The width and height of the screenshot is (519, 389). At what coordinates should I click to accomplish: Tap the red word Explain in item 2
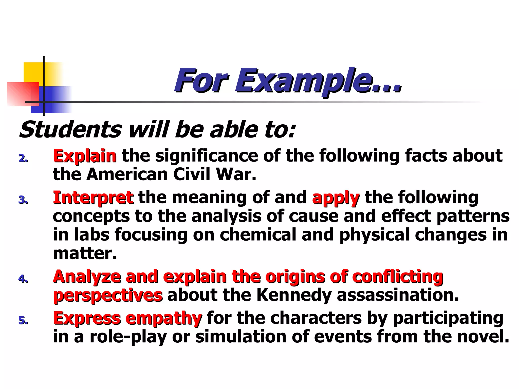(85, 156)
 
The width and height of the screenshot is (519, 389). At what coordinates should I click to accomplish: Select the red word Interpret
(93, 198)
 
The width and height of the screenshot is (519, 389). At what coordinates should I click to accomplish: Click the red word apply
(336, 198)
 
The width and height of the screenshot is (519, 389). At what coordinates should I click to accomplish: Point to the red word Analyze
(87, 277)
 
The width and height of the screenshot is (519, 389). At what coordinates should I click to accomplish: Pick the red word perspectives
(108, 296)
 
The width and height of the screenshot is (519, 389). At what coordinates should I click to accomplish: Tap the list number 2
(23, 159)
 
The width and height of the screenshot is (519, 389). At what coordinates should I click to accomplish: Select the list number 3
(23, 200)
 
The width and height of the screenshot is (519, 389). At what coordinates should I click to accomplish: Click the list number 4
(23, 279)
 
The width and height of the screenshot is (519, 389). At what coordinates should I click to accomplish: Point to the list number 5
(23, 321)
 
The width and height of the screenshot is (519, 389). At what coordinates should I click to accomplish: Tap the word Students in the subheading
(71, 130)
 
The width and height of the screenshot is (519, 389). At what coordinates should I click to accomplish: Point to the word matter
(85, 253)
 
